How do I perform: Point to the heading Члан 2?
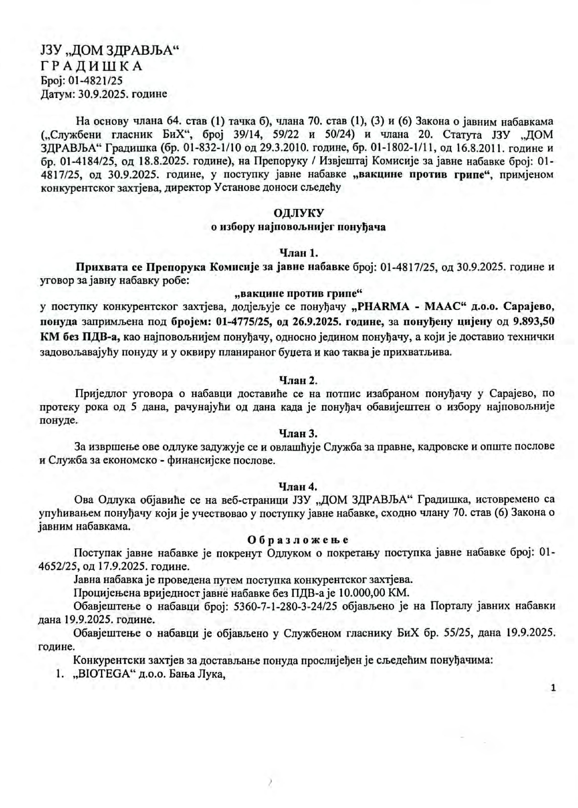click(x=298, y=381)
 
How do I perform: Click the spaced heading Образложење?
click(x=298, y=540)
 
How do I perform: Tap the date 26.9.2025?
click(x=318, y=322)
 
